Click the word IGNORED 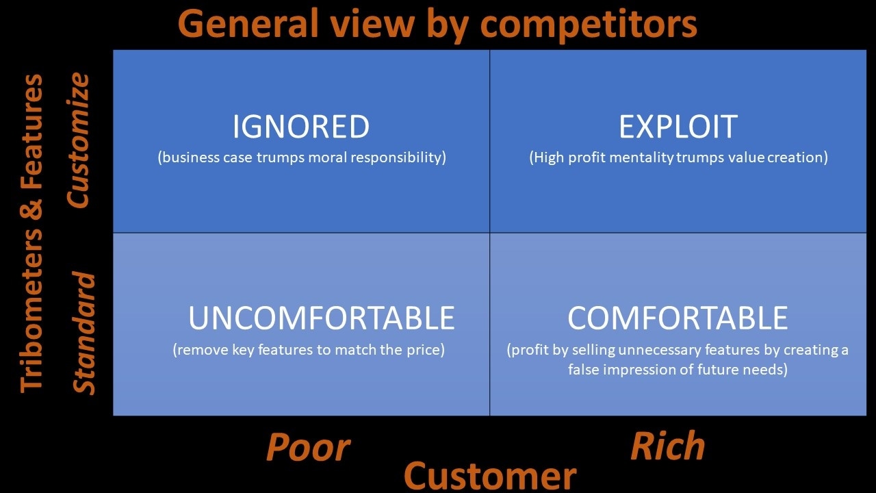click(x=300, y=127)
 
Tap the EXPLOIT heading click(x=678, y=127)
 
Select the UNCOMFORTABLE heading click(x=322, y=318)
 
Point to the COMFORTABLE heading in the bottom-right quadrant click(x=678, y=318)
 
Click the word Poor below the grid click(x=308, y=447)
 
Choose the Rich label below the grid click(x=668, y=445)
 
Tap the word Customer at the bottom click(x=490, y=476)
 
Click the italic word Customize click(x=78, y=140)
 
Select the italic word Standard click(x=83, y=333)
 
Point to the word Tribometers click(x=31, y=310)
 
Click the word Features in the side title click(x=31, y=132)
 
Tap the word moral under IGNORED click(x=328, y=157)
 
